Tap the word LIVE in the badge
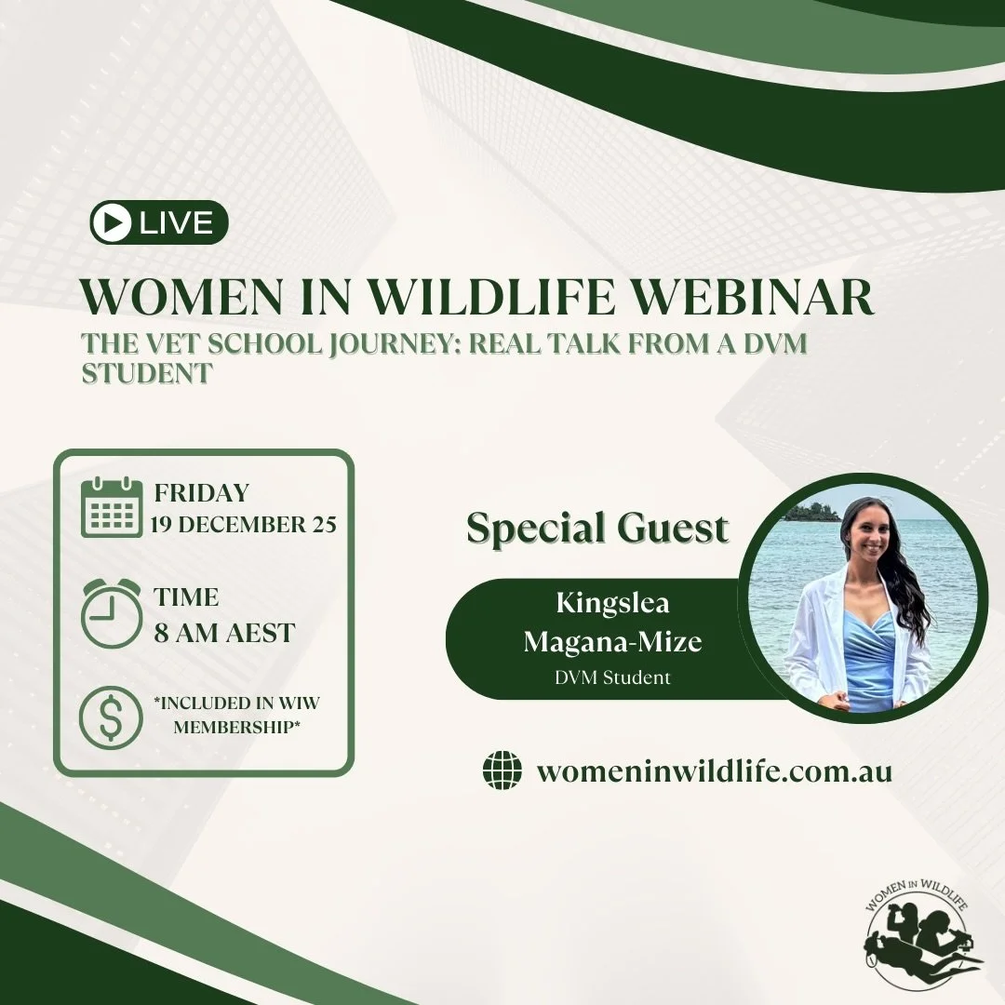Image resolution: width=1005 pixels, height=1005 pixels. point(177,223)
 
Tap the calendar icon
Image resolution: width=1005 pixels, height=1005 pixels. point(112,507)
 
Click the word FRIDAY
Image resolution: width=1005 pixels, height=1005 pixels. point(202,492)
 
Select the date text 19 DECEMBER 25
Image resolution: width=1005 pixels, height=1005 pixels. point(244,525)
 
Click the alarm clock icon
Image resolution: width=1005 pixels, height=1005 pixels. point(112,612)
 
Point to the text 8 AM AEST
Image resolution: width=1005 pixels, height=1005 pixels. point(224,633)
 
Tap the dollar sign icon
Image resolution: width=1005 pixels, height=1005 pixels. point(112,717)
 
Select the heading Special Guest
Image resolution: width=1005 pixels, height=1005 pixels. point(597,528)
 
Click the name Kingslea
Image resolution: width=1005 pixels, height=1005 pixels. point(612,603)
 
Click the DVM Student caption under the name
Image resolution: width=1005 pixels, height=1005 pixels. point(612,677)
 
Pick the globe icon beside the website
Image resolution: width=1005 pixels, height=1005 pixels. point(502,771)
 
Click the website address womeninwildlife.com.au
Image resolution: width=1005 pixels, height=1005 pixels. point(715,771)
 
